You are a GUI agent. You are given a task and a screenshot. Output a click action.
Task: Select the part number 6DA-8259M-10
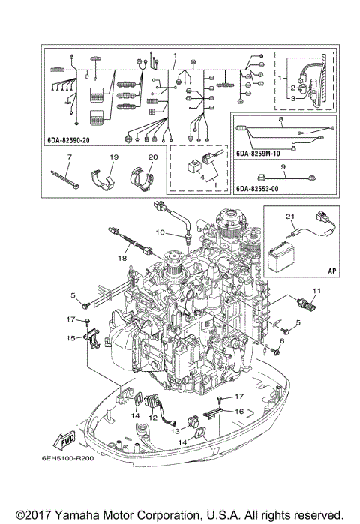point(257,154)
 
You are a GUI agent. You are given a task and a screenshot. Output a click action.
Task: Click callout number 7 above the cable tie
point(69,157)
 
